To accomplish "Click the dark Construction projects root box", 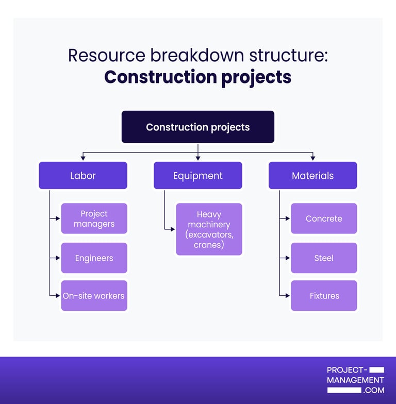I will pyautogui.click(x=198, y=127).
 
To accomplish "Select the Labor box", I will pyautogui.click(x=83, y=176).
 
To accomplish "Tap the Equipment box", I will pyautogui.click(x=198, y=176).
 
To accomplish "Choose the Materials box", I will pyautogui.click(x=312, y=176).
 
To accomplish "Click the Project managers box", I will pyautogui.click(x=94, y=218).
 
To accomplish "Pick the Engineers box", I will pyautogui.click(x=94, y=258).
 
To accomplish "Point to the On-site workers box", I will pyautogui.click(x=94, y=296).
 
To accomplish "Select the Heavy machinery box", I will pyautogui.click(x=209, y=229).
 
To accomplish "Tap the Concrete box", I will pyautogui.click(x=324, y=218).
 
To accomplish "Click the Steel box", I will pyautogui.click(x=324, y=258).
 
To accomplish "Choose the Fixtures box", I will pyautogui.click(x=324, y=296).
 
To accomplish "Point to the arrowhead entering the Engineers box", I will pyautogui.click(x=58, y=258).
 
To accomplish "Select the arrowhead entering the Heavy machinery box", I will pyautogui.click(x=173, y=229).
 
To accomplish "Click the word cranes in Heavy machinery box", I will pyautogui.click(x=209, y=245).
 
